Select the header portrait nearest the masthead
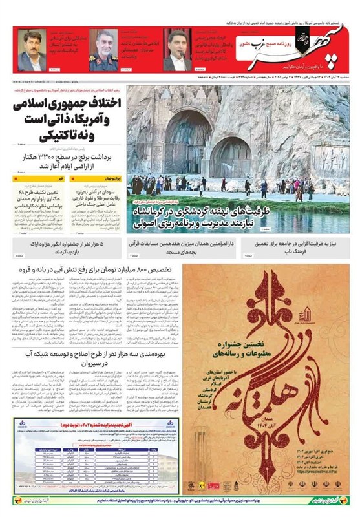coord(176,50)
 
